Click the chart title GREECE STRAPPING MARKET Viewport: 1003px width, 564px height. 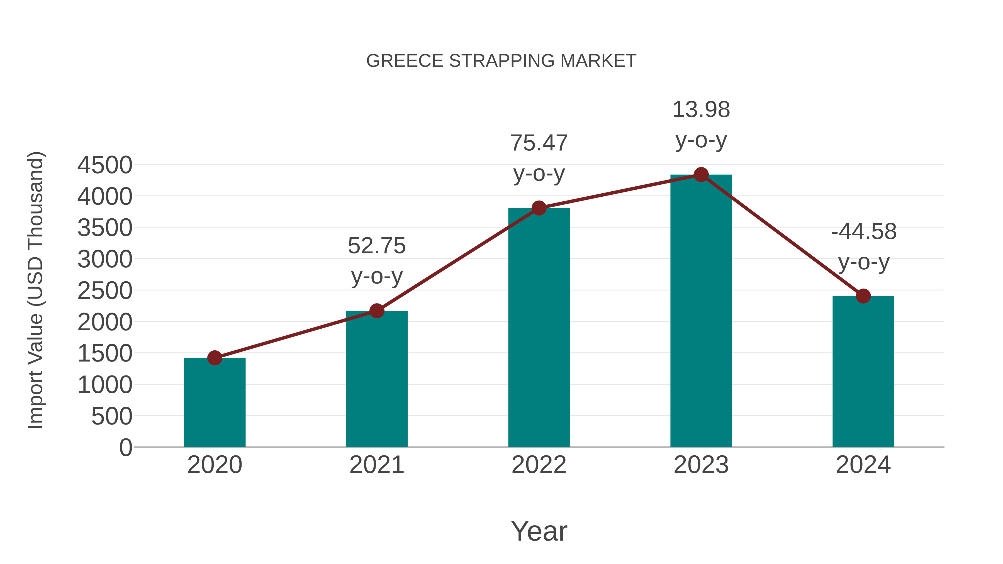[x=501, y=61]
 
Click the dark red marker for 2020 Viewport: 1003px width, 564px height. [x=215, y=358]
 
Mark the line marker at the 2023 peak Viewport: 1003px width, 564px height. [x=701, y=175]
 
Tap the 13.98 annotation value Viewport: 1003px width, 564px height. [x=701, y=110]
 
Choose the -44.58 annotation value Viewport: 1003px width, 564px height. [x=864, y=232]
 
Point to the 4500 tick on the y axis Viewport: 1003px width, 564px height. [x=105, y=165]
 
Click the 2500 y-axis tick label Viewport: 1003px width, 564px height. [x=105, y=291]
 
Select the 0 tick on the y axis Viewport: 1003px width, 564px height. [x=126, y=448]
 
